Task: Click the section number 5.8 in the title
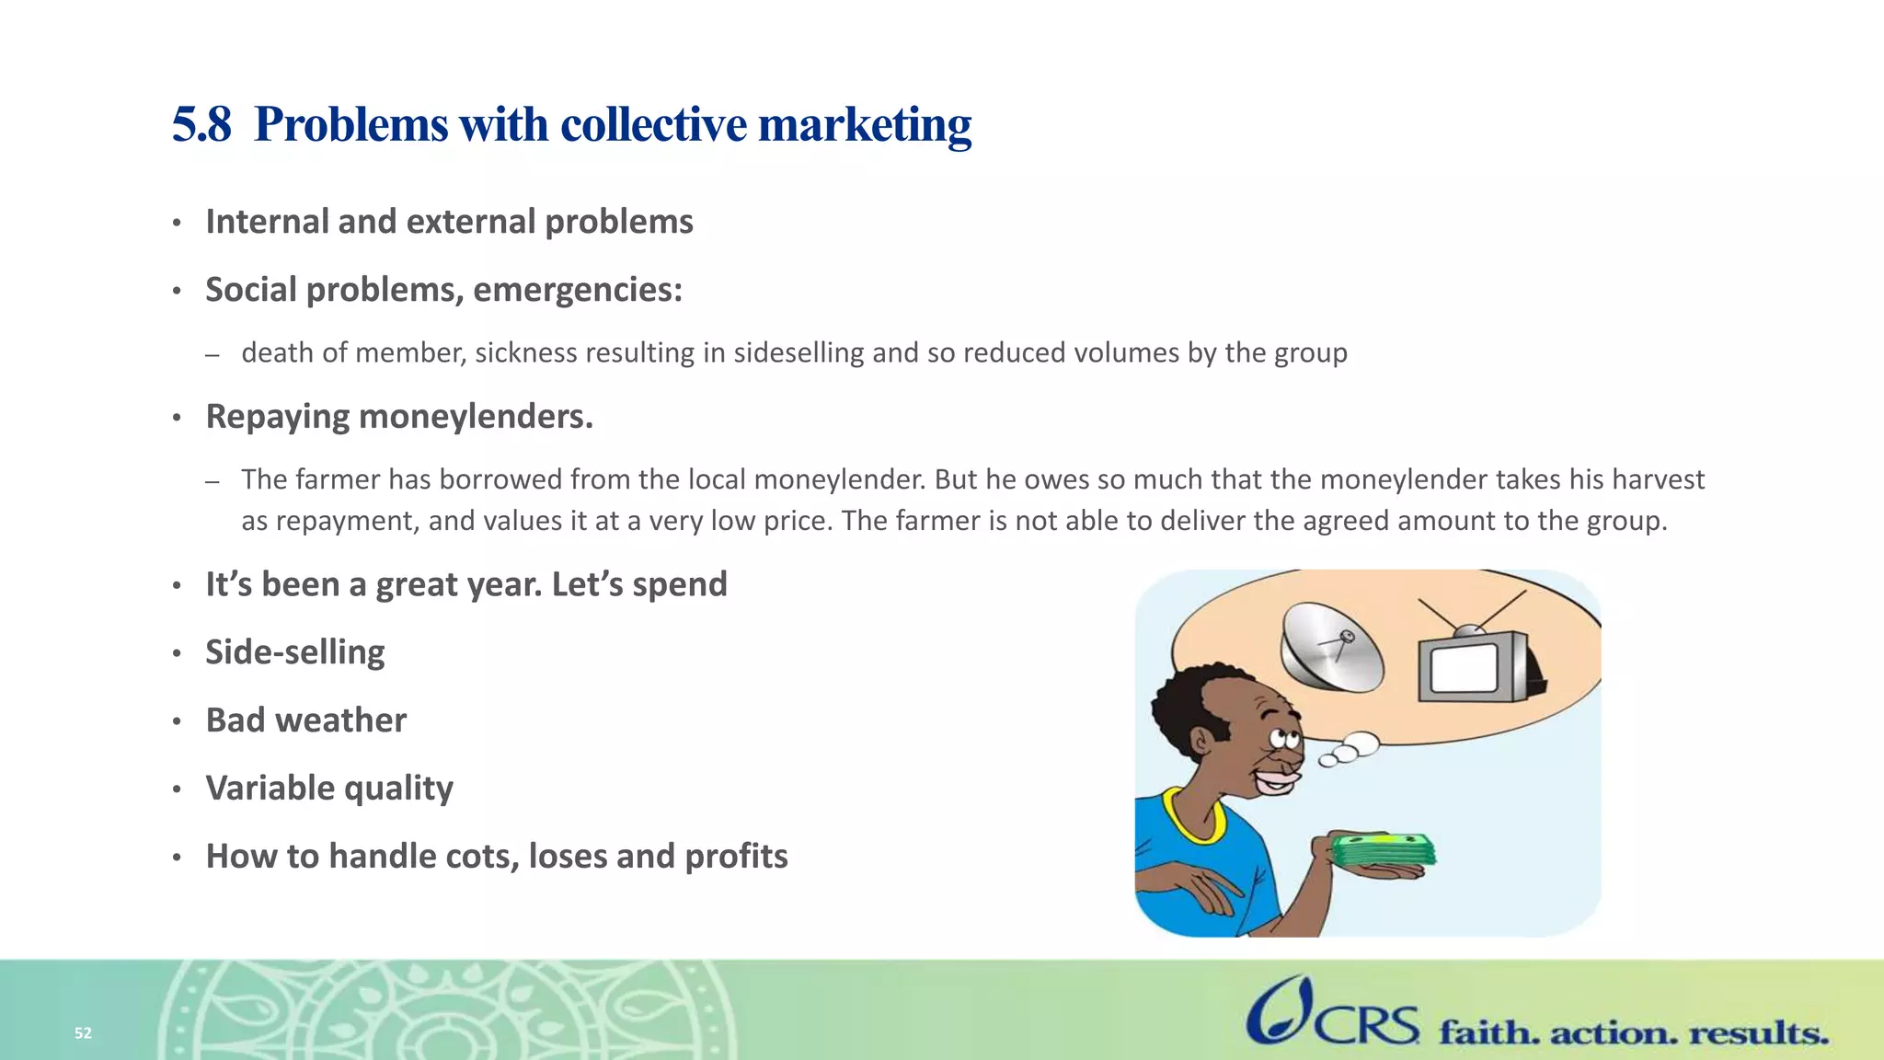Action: point(201,124)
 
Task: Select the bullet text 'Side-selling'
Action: point(294,652)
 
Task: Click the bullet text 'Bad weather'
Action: point(305,720)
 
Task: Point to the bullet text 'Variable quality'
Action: point(329,789)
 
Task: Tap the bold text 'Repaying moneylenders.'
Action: point(399,417)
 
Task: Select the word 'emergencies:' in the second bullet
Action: point(578,290)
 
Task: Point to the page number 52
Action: point(83,1033)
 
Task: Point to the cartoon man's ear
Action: point(1201,739)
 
